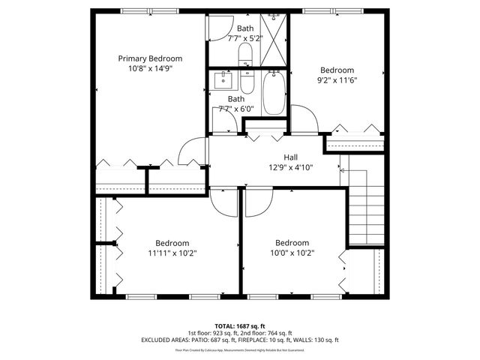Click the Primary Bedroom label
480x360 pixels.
point(150,58)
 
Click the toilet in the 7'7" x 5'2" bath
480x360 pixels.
point(245,53)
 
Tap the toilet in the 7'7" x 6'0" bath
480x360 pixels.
point(247,81)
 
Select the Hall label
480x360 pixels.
point(291,157)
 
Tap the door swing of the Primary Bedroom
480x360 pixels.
point(193,151)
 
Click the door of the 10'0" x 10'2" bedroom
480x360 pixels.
point(259,199)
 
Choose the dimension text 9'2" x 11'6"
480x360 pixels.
point(337,80)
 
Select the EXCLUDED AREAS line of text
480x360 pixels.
point(239,340)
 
